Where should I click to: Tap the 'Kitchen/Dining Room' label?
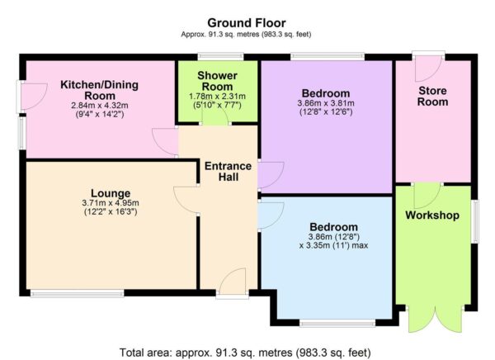coord(99,90)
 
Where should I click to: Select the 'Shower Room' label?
coord(218,80)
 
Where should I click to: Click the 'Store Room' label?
coord(432,97)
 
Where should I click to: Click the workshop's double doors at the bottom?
coord(432,319)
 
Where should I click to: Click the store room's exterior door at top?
coord(428,66)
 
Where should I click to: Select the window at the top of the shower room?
coord(219,58)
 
